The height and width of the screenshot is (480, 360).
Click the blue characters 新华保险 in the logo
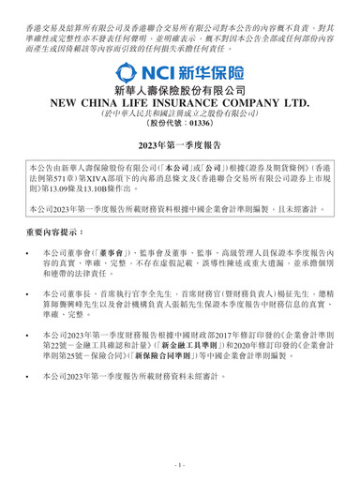pos(215,72)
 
